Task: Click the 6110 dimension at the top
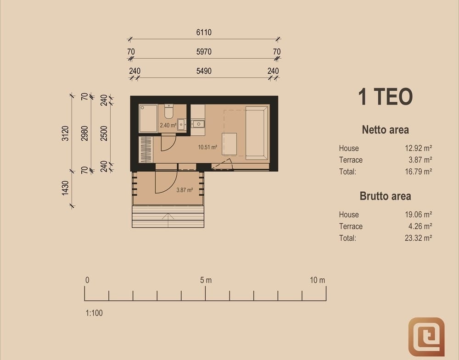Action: tap(204, 32)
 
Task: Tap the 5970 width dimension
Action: tap(204, 52)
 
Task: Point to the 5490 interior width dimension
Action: tap(204, 71)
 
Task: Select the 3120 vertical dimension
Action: tap(65, 133)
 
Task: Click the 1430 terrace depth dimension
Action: tap(65, 188)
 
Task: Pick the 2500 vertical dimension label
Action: tap(104, 133)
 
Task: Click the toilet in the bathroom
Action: tap(168, 111)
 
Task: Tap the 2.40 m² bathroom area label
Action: tap(168, 126)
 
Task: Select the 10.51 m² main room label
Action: tap(207, 147)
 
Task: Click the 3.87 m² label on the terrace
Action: tap(185, 190)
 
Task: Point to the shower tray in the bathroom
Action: tap(148, 118)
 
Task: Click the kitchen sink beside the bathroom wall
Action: tap(198, 124)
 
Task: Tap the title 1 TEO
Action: tap(385, 96)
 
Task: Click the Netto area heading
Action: tap(385, 129)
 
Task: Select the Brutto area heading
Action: tap(385, 196)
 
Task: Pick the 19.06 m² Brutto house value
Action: tap(418, 214)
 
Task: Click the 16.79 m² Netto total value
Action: tap(418, 172)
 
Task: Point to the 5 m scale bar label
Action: tap(206, 280)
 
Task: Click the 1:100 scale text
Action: tap(94, 313)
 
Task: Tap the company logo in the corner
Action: tap(426, 337)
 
